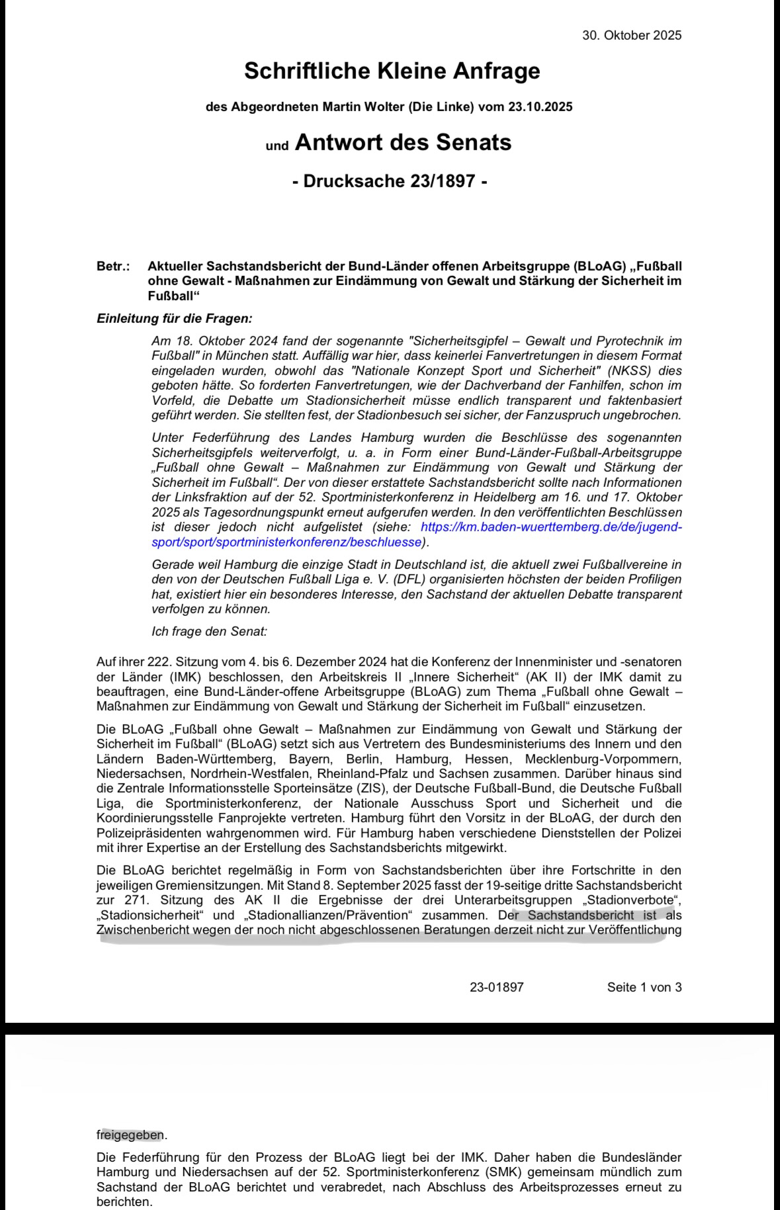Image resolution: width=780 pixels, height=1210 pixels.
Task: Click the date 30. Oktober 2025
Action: (632, 36)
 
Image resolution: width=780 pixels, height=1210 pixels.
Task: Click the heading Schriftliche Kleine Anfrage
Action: (392, 71)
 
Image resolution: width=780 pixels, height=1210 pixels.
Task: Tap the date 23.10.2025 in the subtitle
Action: (541, 107)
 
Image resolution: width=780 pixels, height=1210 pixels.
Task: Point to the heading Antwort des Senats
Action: (403, 142)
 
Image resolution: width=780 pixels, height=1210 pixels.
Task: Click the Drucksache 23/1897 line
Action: (390, 181)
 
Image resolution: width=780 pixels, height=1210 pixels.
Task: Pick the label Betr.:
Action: (113, 267)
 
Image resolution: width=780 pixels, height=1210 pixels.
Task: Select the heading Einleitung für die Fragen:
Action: (175, 318)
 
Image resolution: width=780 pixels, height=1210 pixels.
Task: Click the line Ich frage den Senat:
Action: (209, 631)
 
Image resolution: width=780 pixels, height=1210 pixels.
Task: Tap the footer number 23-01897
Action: (497, 988)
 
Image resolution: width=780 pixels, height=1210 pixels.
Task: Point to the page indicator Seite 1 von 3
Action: (644, 988)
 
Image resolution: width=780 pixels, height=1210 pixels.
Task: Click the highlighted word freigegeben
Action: (130, 1135)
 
